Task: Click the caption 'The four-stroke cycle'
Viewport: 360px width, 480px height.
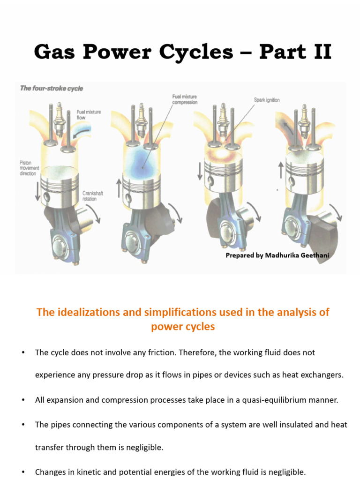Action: [x=51, y=88]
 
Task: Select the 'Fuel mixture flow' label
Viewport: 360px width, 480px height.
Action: [x=89, y=115]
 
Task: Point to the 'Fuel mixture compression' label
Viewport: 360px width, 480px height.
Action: [x=185, y=99]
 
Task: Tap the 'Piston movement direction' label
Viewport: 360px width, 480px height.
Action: [x=31, y=167]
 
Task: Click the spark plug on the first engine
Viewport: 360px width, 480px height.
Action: [x=60, y=120]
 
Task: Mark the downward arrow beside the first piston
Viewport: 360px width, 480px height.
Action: [x=37, y=191]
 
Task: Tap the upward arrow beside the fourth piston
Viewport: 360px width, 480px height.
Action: [x=281, y=169]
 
